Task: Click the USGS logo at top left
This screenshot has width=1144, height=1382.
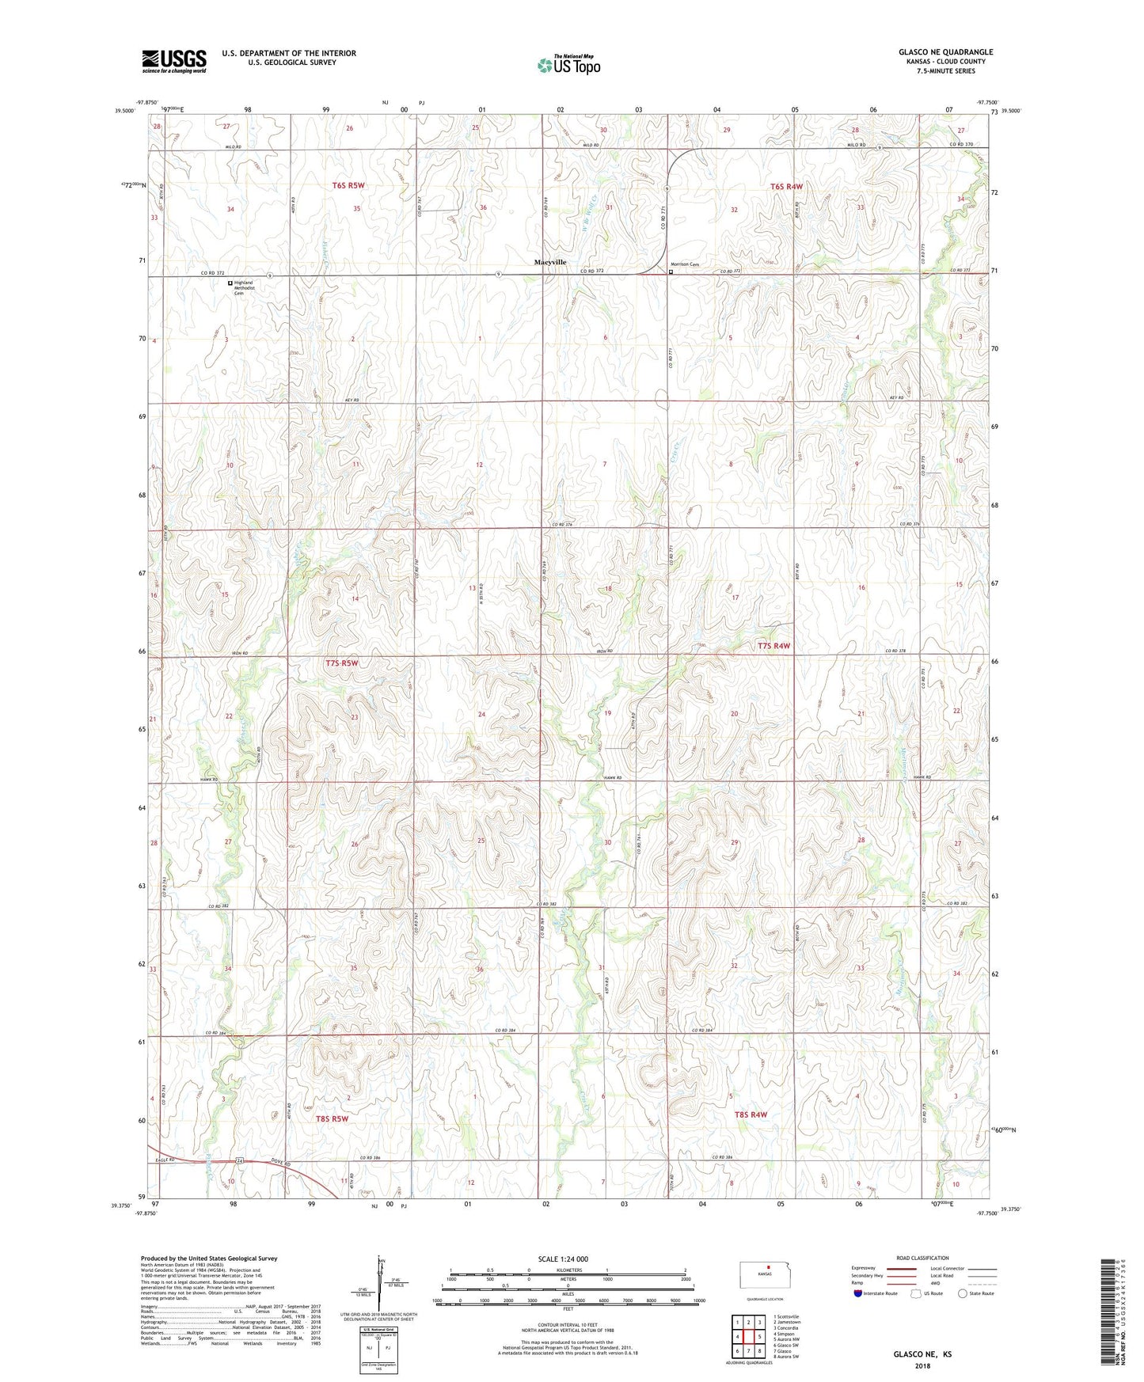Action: point(174,61)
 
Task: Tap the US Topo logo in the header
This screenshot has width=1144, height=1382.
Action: point(568,65)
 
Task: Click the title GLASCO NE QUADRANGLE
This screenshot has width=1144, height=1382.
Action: point(945,52)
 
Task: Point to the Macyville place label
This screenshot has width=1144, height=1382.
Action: point(550,261)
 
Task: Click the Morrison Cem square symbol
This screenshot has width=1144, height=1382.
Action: point(671,271)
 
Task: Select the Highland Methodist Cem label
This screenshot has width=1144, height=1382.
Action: point(244,287)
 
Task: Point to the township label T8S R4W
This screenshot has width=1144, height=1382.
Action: point(751,1114)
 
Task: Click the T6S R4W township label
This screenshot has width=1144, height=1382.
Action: point(786,186)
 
